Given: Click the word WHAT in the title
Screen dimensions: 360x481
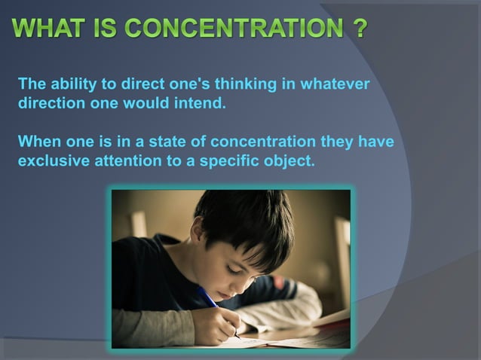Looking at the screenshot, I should coord(48,30).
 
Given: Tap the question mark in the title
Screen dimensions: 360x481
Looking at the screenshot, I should coord(359,30).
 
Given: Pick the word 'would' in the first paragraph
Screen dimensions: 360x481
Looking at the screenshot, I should coord(155,103).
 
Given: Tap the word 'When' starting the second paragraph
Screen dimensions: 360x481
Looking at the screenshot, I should coord(37,142).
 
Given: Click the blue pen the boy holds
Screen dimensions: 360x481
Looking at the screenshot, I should coord(211,301).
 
